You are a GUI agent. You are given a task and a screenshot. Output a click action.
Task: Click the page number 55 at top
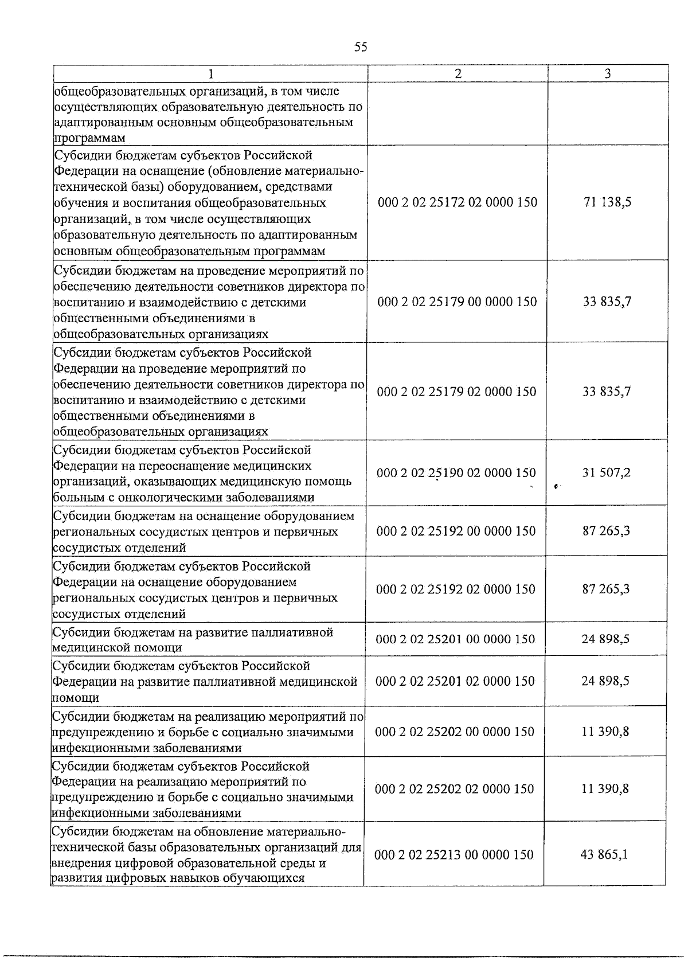(361, 47)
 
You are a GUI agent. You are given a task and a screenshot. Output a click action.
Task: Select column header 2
(458, 73)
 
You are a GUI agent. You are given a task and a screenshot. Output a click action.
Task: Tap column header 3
(608, 73)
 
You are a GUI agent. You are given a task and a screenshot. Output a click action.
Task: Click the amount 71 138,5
(607, 202)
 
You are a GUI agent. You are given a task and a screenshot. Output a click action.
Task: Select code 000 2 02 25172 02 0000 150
(458, 202)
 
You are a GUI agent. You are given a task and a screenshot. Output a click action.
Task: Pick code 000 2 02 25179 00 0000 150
(457, 302)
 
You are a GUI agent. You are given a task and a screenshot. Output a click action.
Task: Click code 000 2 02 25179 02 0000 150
(457, 392)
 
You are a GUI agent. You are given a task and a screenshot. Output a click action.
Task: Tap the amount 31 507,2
(607, 473)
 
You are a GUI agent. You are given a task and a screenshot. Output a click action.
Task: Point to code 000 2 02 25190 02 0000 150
(456, 473)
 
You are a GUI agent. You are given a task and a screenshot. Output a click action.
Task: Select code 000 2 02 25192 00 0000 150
(456, 531)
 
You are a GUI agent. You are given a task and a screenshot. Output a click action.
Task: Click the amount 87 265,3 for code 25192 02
(606, 589)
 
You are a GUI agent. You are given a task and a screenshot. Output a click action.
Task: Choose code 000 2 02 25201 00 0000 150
(455, 639)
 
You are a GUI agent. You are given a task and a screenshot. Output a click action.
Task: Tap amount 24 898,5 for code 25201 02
(605, 681)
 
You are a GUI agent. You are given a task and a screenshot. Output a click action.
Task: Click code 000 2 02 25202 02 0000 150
(455, 789)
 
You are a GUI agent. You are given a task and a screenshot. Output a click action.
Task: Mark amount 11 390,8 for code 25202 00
(605, 732)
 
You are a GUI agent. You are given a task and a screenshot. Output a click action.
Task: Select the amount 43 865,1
(604, 855)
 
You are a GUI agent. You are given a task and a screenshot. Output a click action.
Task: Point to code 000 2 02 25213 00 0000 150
(454, 855)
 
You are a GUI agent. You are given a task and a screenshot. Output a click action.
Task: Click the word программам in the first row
(90, 138)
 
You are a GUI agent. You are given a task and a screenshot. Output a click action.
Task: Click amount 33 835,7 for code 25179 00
(607, 302)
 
